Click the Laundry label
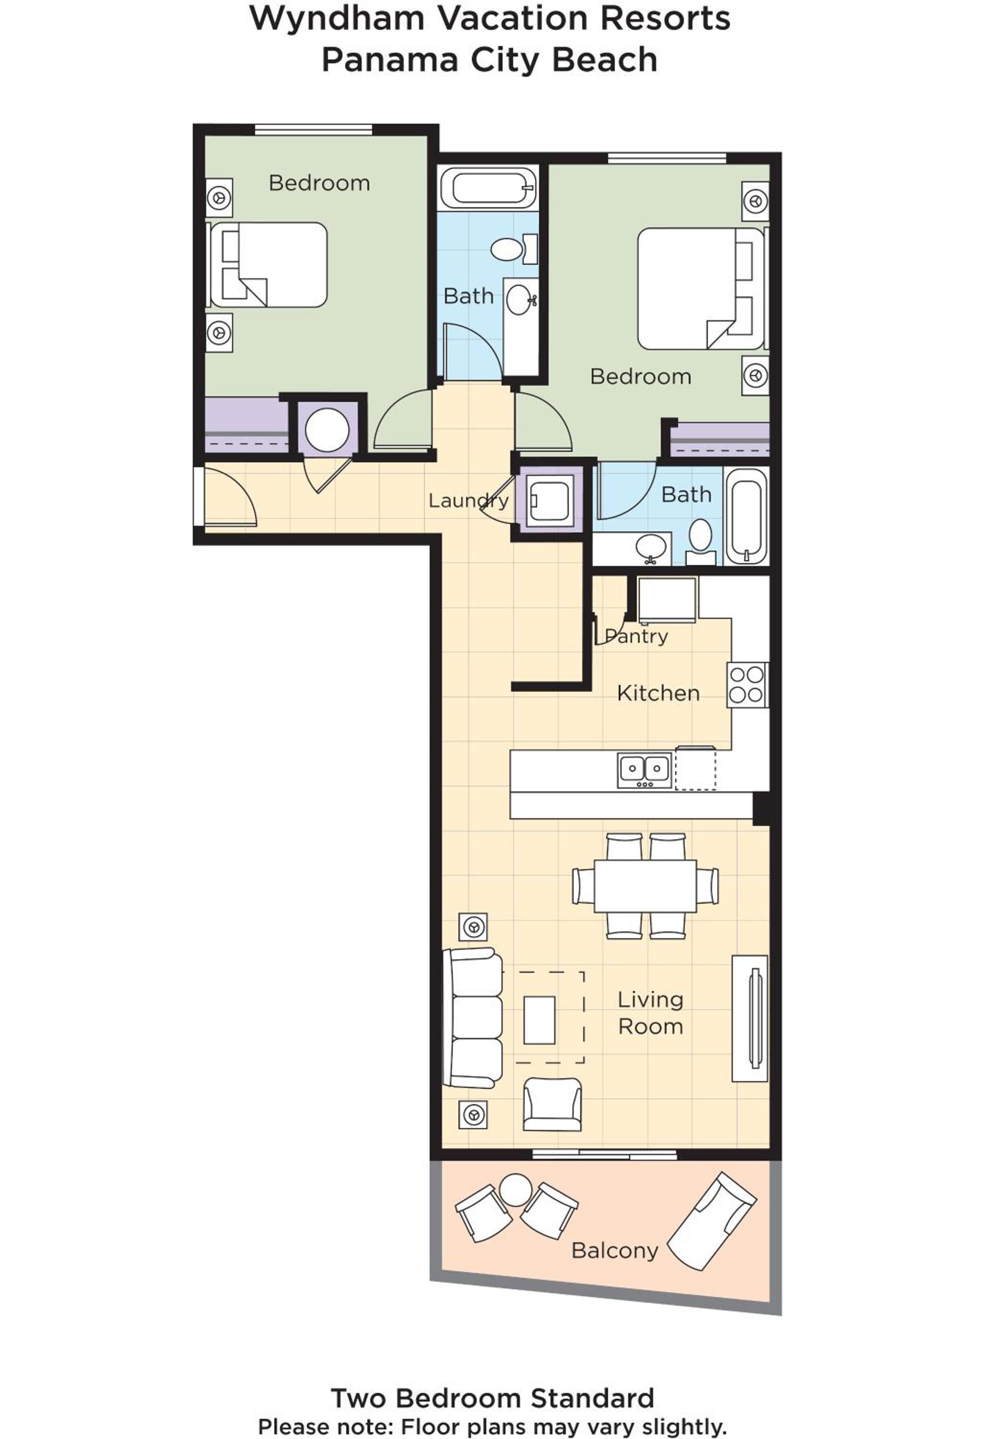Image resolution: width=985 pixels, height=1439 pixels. [x=469, y=501]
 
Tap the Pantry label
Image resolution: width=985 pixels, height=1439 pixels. [x=636, y=636]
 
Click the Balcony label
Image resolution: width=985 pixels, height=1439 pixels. [x=614, y=1251]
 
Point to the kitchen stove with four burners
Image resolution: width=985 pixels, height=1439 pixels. [x=747, y=685]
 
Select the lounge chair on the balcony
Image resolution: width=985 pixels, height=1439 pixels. [x=711, y=1222]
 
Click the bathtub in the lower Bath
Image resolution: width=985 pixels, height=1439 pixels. [x=746, y=515]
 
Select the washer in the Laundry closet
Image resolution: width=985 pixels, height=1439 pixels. [x=549, y=500]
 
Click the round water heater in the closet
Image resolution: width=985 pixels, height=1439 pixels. [x=328, y=430]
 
